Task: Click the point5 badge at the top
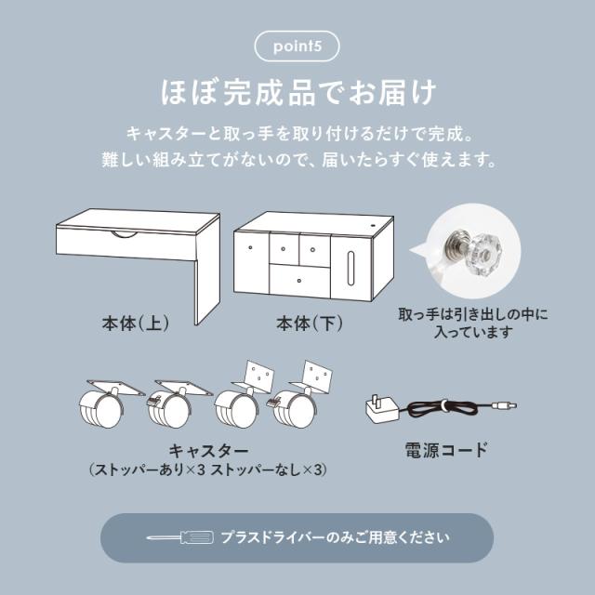(x=297, y=46)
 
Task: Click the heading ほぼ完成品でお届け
(x=297, y=94)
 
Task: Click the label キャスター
(x=205, y=449)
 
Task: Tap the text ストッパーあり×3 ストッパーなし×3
(x=205, y=471)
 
